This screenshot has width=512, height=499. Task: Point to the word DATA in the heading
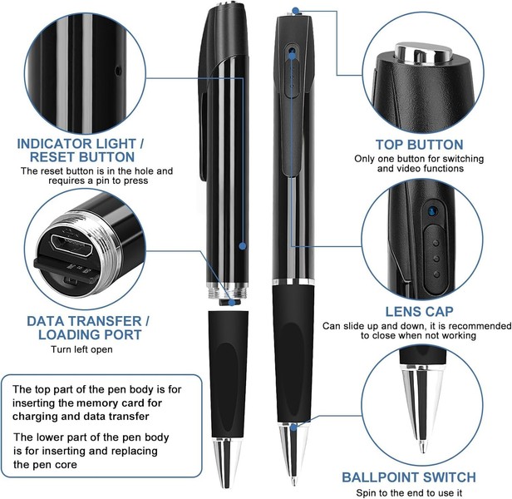[47, 320]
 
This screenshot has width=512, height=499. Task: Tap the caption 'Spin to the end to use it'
[409, 492]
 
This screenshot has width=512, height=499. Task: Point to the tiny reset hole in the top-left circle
[118, 68]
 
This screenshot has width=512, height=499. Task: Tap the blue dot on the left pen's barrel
[242, 246]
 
